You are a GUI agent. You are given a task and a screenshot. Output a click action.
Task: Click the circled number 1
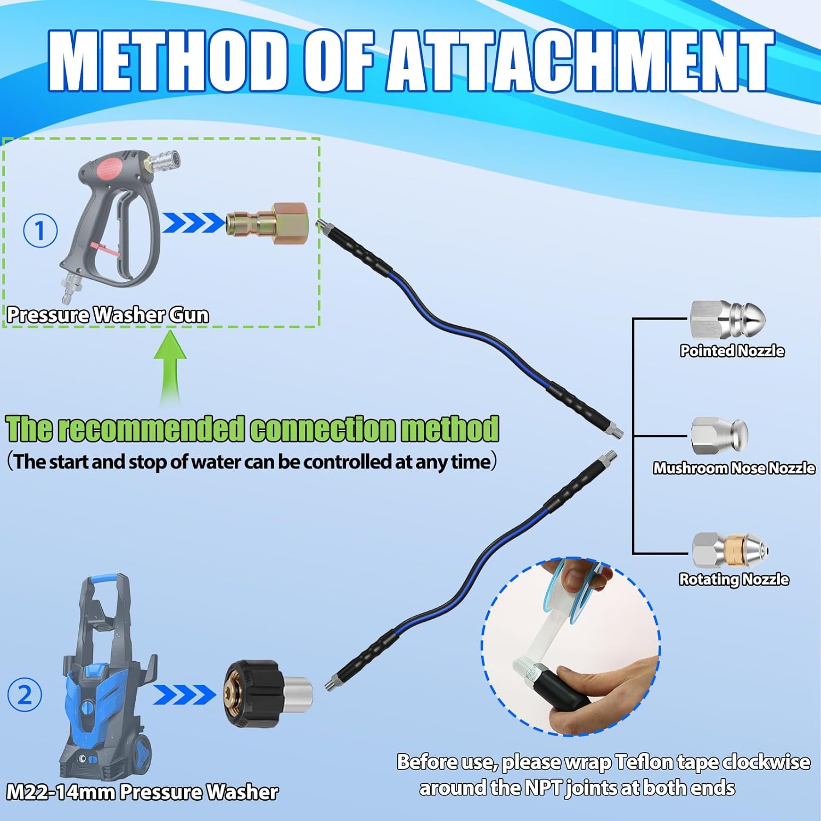tap(40, 230)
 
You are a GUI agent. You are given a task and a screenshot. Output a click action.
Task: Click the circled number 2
tap(25, 695)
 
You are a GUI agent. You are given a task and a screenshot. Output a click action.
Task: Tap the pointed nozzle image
tap(727, 320)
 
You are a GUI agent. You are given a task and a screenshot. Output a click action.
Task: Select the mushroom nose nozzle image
tap(719, 436)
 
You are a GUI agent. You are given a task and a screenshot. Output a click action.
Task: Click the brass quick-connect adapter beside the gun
tap(267, 223)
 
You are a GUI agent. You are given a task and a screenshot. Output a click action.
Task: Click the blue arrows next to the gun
tap(193, 223)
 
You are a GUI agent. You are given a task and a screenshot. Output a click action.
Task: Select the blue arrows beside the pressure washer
tap(184, 695)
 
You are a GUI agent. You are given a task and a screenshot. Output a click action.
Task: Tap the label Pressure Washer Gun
tap(108, 315)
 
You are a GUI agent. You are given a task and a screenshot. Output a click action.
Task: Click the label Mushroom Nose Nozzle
tap(733, 468)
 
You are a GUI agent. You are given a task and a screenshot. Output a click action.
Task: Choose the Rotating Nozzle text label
tap(733, 579)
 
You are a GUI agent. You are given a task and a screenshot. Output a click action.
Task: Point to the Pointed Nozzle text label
tap(732, 351)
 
